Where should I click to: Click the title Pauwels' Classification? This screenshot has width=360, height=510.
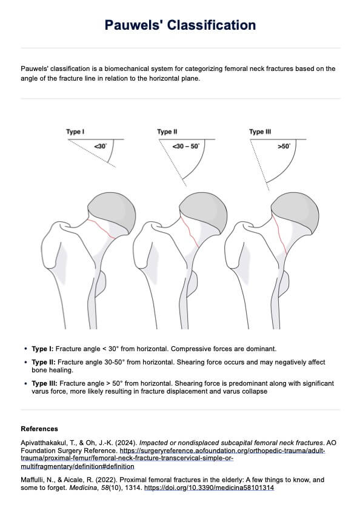coord(180,25)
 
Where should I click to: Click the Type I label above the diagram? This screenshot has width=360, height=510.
coord(75,132)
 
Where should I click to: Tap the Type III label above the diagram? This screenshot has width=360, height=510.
coord(256,132)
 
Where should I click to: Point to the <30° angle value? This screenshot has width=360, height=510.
coord(100,146)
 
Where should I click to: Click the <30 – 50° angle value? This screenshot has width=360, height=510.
coord(185,146)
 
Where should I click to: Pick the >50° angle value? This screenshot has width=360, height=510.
coord(284,146)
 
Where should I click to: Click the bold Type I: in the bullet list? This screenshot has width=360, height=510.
coord(42,349)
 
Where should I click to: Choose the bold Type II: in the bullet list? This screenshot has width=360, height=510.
coord(44,362)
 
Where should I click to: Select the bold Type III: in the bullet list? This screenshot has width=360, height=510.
coord(45,383)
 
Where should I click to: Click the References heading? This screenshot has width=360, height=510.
coord(39,429)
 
